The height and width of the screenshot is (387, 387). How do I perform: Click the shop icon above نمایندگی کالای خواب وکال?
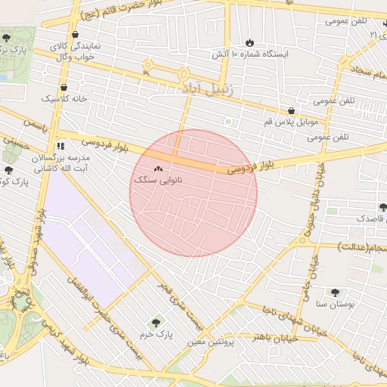(x=75, y=35)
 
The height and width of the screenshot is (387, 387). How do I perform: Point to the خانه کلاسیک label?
(x=64, y=98)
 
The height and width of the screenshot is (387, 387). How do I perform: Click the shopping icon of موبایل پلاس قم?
(x=291, y=110)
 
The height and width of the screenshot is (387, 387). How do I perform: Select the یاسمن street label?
(x=35, y=121)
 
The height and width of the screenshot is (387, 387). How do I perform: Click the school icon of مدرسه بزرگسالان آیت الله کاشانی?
(x=60, y=146)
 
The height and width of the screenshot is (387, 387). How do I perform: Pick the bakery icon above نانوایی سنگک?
(x=158, y=169)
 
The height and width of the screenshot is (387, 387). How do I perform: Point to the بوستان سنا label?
(x=332, y=304)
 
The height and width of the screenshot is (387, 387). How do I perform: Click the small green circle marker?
(x=228, y=121)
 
